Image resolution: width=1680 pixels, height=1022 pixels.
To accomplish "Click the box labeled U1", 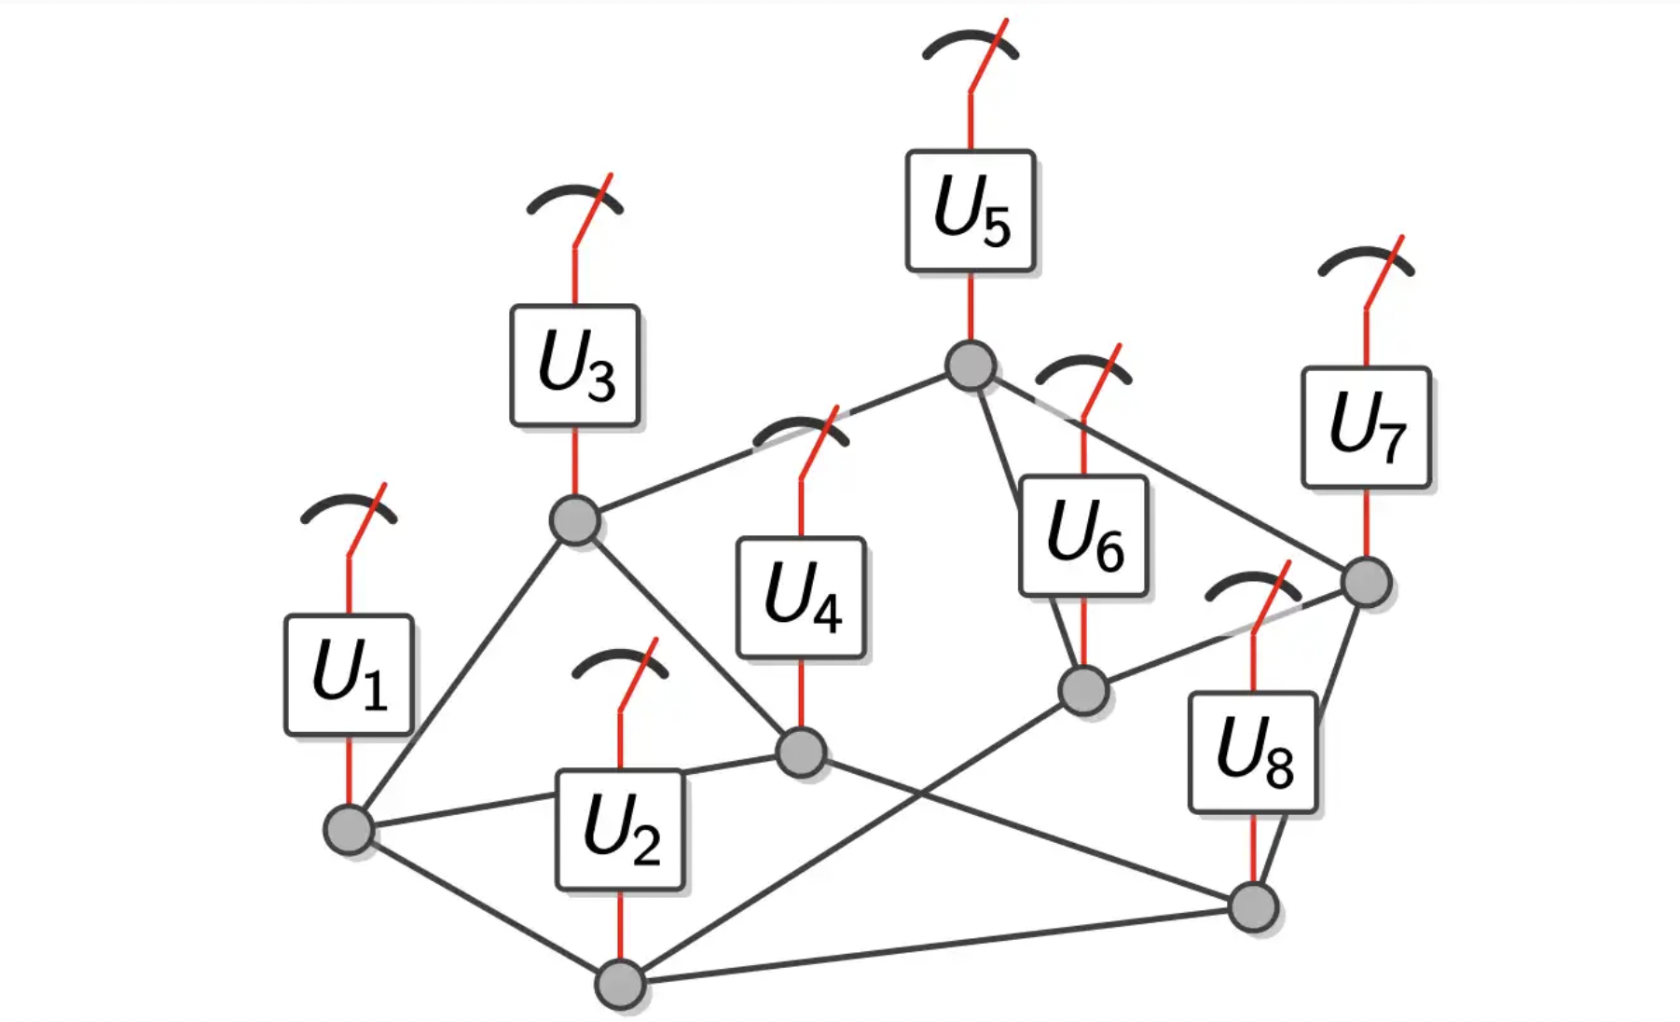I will coord(349,674).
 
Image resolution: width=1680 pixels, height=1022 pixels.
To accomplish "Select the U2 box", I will coord(620,829).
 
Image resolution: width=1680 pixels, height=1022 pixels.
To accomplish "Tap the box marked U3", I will coord(575,366).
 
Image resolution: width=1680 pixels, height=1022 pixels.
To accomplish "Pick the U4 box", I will coord(802,598).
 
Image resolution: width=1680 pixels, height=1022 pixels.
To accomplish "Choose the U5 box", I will coord(971,212).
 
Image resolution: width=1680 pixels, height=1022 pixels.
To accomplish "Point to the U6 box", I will coord(1083,536).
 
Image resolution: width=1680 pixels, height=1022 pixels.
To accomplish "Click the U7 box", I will coord(1366,427).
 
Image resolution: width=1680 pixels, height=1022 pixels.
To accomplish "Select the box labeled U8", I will coord(1254,753).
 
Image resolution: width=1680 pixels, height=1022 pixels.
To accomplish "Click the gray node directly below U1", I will coord(349,829).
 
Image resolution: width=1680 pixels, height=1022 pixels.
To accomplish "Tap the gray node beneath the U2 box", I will coord(620,984).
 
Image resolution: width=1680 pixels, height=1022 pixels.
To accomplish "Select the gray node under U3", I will coord(574,519).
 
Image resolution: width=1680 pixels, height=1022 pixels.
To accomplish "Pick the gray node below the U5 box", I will coord(971,365).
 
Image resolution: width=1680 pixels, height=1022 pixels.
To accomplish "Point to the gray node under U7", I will coord(1367,582).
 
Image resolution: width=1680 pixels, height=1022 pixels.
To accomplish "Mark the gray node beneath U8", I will coord(1253,906).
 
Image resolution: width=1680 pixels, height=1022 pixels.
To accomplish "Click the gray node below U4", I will coord(801,752).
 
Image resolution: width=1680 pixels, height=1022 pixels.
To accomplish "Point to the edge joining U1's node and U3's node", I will coord(461,674).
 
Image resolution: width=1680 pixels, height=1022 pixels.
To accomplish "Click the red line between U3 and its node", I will coord(574,462).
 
